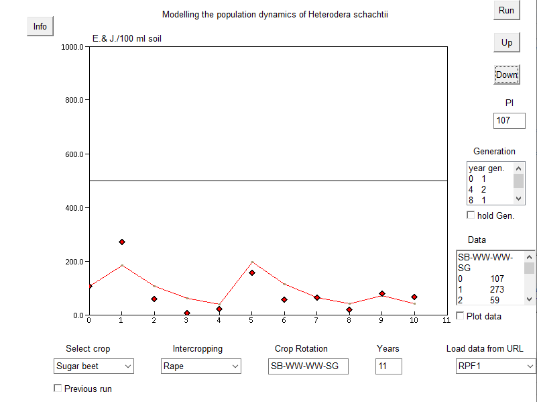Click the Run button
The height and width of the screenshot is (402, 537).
tap(506, 10)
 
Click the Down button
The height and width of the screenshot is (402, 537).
tap(506, 74)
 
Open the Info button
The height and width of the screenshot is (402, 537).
tap(40, 26)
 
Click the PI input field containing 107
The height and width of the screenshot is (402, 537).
tap(509, 121)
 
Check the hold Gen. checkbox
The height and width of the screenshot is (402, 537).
tap(471, 215)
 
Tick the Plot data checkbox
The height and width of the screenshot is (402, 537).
tap(460, 315)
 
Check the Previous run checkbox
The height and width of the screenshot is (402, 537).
tap(58, 388)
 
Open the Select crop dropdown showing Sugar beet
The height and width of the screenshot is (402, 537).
tap(94, 366)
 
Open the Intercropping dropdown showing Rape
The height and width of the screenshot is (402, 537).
tap(200, 366)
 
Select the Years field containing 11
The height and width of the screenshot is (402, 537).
tap(388, 366)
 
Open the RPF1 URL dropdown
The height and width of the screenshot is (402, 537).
tap(495, 366)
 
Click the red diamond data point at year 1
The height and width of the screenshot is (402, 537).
tap(121, 242)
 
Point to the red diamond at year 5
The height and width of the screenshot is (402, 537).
tap(252, 272)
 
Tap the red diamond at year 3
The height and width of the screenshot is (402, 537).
tap(187, 313)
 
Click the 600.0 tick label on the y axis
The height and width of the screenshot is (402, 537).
tap(72, 154)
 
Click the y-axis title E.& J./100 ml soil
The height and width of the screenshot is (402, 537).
tap(127, 39)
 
